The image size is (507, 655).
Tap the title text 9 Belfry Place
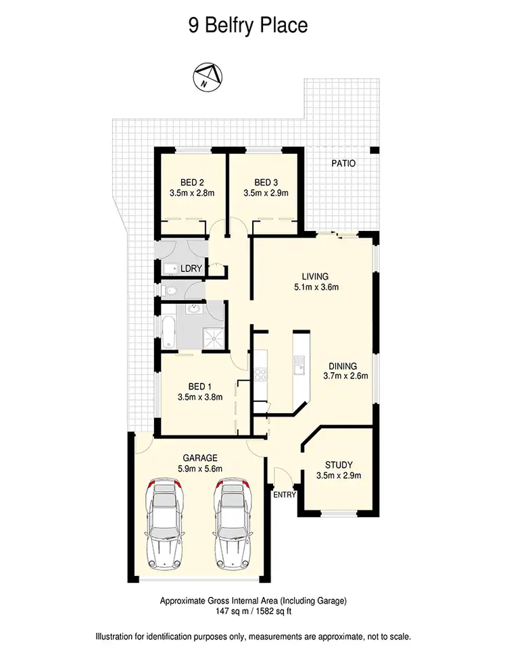click(247, 26)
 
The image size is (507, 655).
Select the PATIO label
click(343, 163)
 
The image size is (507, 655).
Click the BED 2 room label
click(192, 182)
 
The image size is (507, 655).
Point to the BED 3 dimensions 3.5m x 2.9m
click(266, 192)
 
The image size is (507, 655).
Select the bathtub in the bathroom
click(168, 330)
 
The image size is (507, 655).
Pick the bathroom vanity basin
click(195, 311)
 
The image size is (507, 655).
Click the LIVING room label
click(315, 276)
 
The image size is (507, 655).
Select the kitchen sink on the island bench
click(299, 369)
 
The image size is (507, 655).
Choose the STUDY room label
click(338, 464)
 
